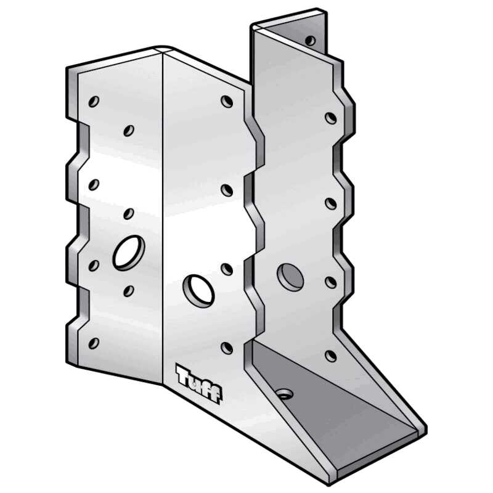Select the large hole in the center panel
click(x=198, y=290)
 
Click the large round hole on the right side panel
click(x=290, y=277)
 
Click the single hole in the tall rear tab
click(x=310, y=41)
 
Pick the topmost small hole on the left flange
click(x=94, y=100)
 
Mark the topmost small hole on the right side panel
click(x=331, y=116)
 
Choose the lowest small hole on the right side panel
click(x=331, y=356)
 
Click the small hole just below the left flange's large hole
click(x=128, y=290)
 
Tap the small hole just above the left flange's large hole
click(x=128, y=214)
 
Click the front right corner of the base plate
click(x=425, y=428)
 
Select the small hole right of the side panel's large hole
click(x=331, y=282)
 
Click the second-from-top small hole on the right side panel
click(x=331, y=203)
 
